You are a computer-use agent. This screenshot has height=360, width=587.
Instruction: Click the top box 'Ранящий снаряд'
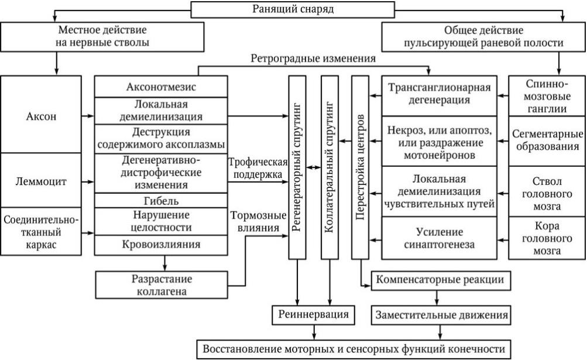(x=293, y=9)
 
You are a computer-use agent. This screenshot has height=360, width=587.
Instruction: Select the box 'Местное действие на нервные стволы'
(x=102, y=36)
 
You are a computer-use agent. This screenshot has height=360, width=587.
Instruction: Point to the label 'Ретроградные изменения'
(x=314, y=59)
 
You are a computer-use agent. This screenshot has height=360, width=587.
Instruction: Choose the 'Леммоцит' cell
(x=42, y=181)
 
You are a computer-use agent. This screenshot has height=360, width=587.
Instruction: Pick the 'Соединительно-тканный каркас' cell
(x=42, y=232)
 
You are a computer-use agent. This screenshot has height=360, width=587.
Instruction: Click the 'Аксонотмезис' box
(x=161, y=87)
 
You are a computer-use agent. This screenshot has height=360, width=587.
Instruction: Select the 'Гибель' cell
(x=161, y=201)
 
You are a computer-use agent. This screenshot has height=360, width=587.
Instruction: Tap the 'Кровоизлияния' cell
(x=161, y=244)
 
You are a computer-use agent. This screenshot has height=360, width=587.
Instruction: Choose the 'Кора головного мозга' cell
(x=546, y=238)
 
